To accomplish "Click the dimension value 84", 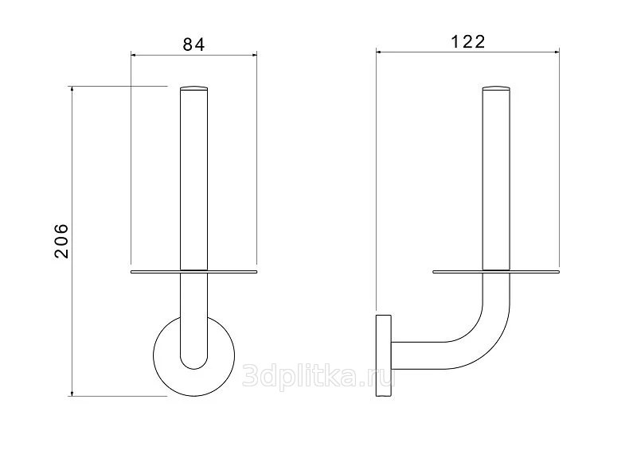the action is coord(193,45).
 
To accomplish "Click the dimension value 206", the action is coord(62,241).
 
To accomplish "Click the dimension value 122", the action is coord(468,42).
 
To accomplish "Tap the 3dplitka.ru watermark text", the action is coord(318,376).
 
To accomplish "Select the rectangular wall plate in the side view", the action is coord(384,355).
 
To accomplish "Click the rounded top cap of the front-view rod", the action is coord(193,88).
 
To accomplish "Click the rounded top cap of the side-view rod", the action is coord(496,88).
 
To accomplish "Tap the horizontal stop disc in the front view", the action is coord(193,271).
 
